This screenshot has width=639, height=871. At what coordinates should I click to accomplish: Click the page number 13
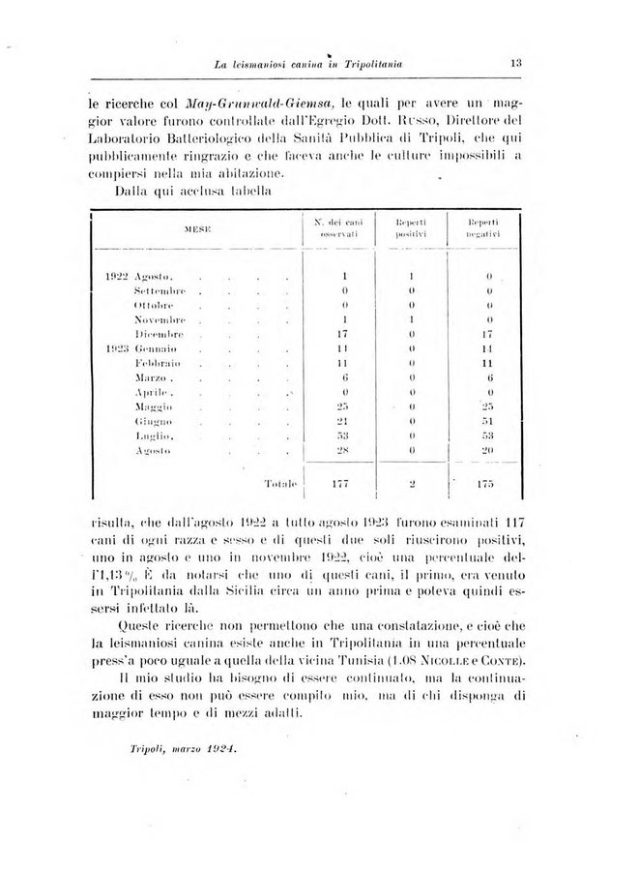point(518,64)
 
